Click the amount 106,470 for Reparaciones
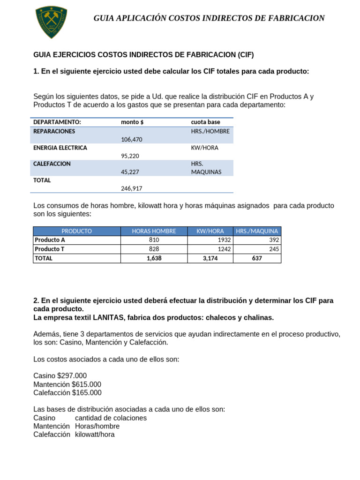coord(131,139)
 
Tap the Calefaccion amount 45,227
coord(131,172)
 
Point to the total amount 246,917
coord(131,188)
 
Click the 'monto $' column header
coord(132,122)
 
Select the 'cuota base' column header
coord(205,122)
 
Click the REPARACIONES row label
coord(54,131)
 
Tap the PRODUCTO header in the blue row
coord(76,231)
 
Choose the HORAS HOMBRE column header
coord(154,231)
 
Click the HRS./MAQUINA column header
coord(257,231)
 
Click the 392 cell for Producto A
coord(274,240)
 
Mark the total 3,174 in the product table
coord(210,258)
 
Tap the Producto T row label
coord(50,249)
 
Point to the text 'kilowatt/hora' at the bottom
coord(95,435)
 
